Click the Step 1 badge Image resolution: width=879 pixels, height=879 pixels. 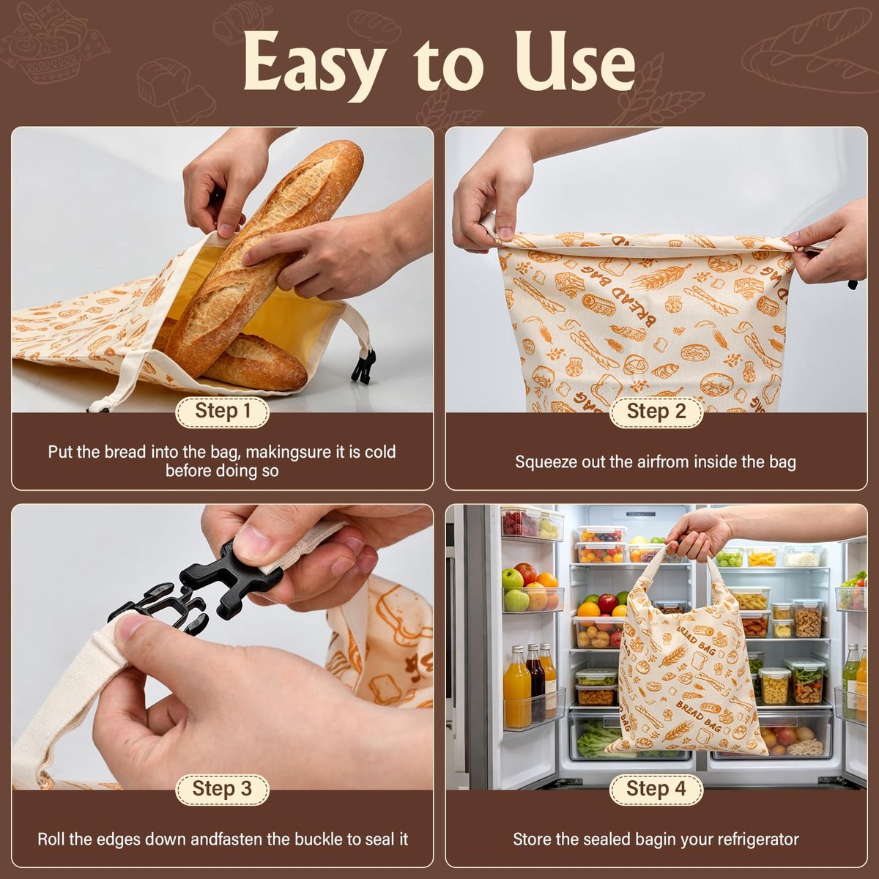pos(222,412)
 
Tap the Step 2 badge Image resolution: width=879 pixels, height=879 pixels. pos(656,412)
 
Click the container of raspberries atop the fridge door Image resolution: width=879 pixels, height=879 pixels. pos(520,523)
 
